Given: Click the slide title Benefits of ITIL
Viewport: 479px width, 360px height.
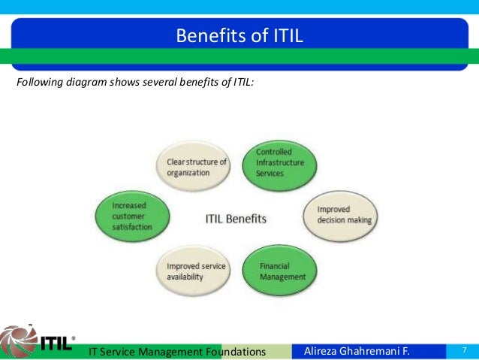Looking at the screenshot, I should click(239, 35).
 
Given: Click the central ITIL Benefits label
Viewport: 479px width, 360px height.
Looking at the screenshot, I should click(236, 219).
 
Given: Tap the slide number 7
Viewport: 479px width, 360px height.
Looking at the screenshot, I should click(465, 350).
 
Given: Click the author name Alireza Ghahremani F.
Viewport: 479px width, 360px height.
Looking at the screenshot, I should click(361, 351).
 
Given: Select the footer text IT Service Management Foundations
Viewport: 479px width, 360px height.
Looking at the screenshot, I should click(177, 352).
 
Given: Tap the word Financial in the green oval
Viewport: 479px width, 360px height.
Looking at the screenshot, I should click(273, 265).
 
